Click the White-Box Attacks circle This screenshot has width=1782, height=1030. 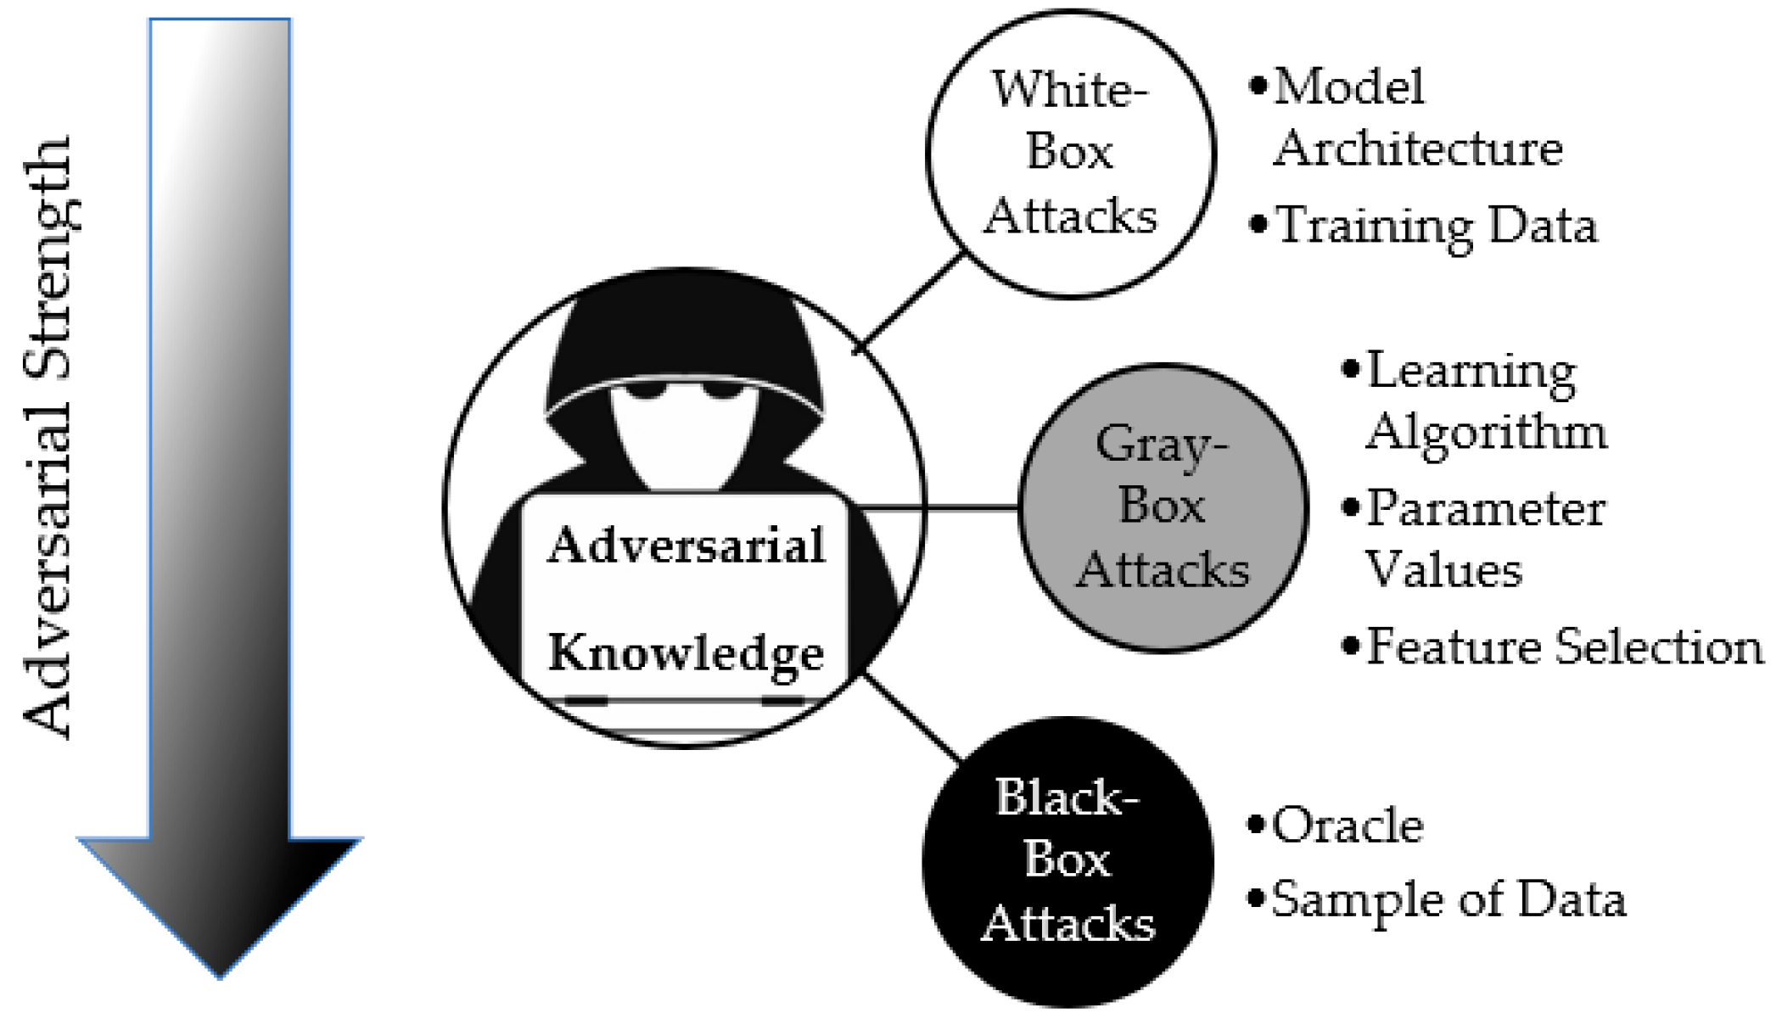pos(1071,154)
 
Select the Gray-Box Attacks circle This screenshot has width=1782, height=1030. pos(1163,507)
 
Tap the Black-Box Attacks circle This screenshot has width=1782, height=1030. pos(1068,861)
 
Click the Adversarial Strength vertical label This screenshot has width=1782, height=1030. pos(49,437)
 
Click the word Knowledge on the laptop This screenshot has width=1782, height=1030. pos(686,653)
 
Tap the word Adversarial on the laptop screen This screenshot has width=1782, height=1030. pos(686,545)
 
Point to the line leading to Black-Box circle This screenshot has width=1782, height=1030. pos(912,717)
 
